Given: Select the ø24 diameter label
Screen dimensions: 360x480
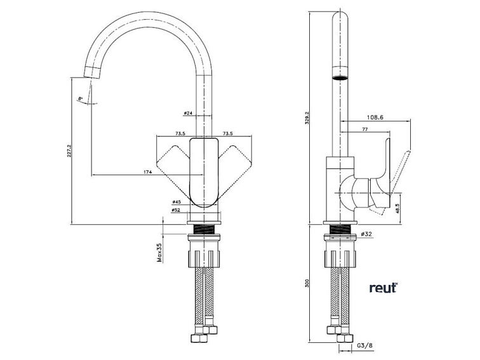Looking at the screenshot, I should coord(188,114).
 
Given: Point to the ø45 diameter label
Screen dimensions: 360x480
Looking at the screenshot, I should coord(177,203).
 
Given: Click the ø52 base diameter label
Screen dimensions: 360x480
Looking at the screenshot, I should coord(177,210).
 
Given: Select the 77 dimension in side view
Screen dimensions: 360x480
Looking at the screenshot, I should coord(366,130).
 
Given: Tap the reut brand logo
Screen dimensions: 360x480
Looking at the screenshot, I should coord(383,288).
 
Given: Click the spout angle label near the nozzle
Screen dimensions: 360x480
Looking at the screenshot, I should coord(81,98).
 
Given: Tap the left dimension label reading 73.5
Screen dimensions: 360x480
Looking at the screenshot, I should coord(180,134).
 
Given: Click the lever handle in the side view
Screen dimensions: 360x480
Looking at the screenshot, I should coord(401,170).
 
